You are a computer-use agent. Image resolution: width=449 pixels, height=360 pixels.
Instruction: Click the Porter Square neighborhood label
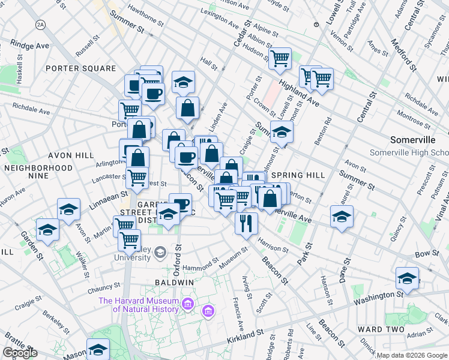click(80, 68)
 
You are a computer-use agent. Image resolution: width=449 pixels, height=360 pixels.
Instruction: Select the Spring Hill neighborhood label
click(298, 175)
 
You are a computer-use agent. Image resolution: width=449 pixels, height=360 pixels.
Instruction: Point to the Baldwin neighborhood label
click(174, 282)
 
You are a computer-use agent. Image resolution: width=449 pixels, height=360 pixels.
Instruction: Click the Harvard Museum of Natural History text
click(139, 305)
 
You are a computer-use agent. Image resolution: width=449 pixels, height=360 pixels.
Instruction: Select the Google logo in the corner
click(20, 353)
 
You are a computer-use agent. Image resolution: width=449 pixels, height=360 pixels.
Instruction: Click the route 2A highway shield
click(40, 24)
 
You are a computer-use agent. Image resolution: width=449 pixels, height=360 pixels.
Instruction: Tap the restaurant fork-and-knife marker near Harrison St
click(246, 223)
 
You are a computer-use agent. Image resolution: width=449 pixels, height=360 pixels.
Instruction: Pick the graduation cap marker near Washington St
click(407, 278)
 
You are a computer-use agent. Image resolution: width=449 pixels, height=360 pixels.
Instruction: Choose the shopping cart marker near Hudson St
click(280, 59)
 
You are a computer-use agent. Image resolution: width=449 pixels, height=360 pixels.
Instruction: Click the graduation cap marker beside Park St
click(342, 216)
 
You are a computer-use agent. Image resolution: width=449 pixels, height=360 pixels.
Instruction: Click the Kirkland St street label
click(246, 332)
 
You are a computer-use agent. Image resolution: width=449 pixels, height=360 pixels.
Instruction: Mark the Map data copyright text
click(411, 355)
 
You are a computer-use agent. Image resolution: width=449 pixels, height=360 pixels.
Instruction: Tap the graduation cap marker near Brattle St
click(97, 349)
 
